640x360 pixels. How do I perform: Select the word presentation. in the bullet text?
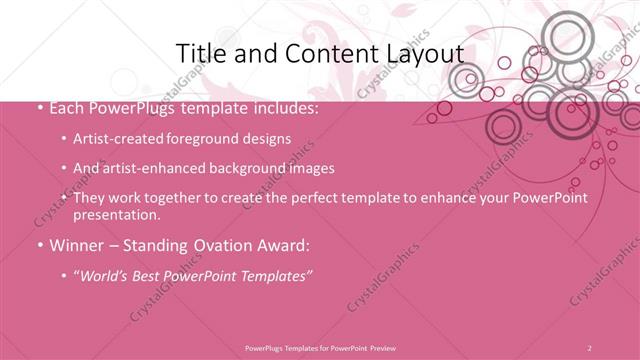point(116,215)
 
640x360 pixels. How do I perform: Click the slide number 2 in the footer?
point(590,347)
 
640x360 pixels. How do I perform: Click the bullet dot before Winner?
point(38,246)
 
